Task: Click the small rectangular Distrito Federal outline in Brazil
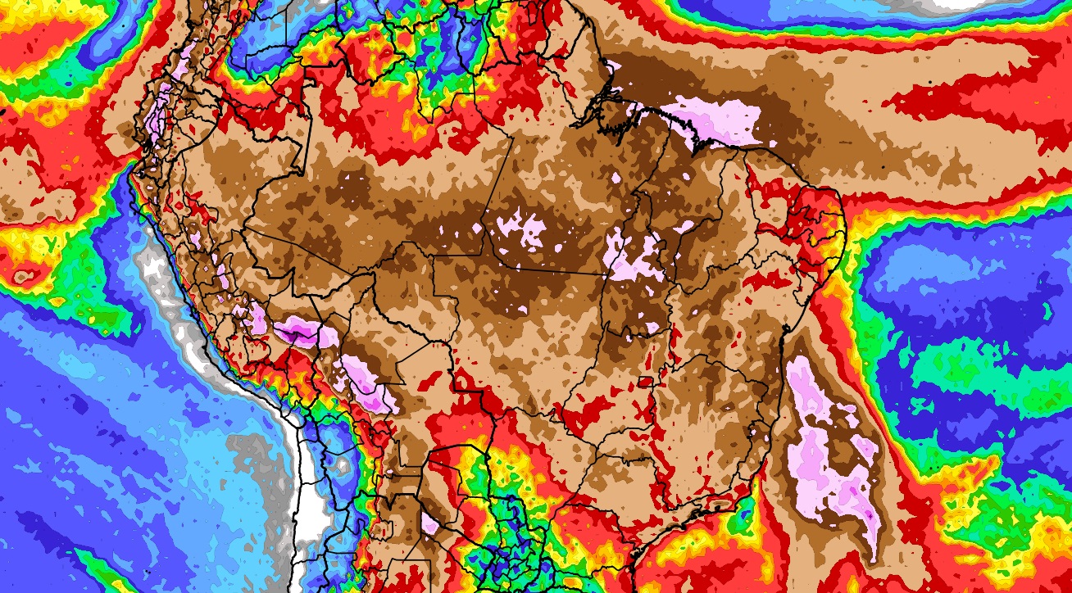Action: [x=646, y=382]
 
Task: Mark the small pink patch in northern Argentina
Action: [x=429, y=523]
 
